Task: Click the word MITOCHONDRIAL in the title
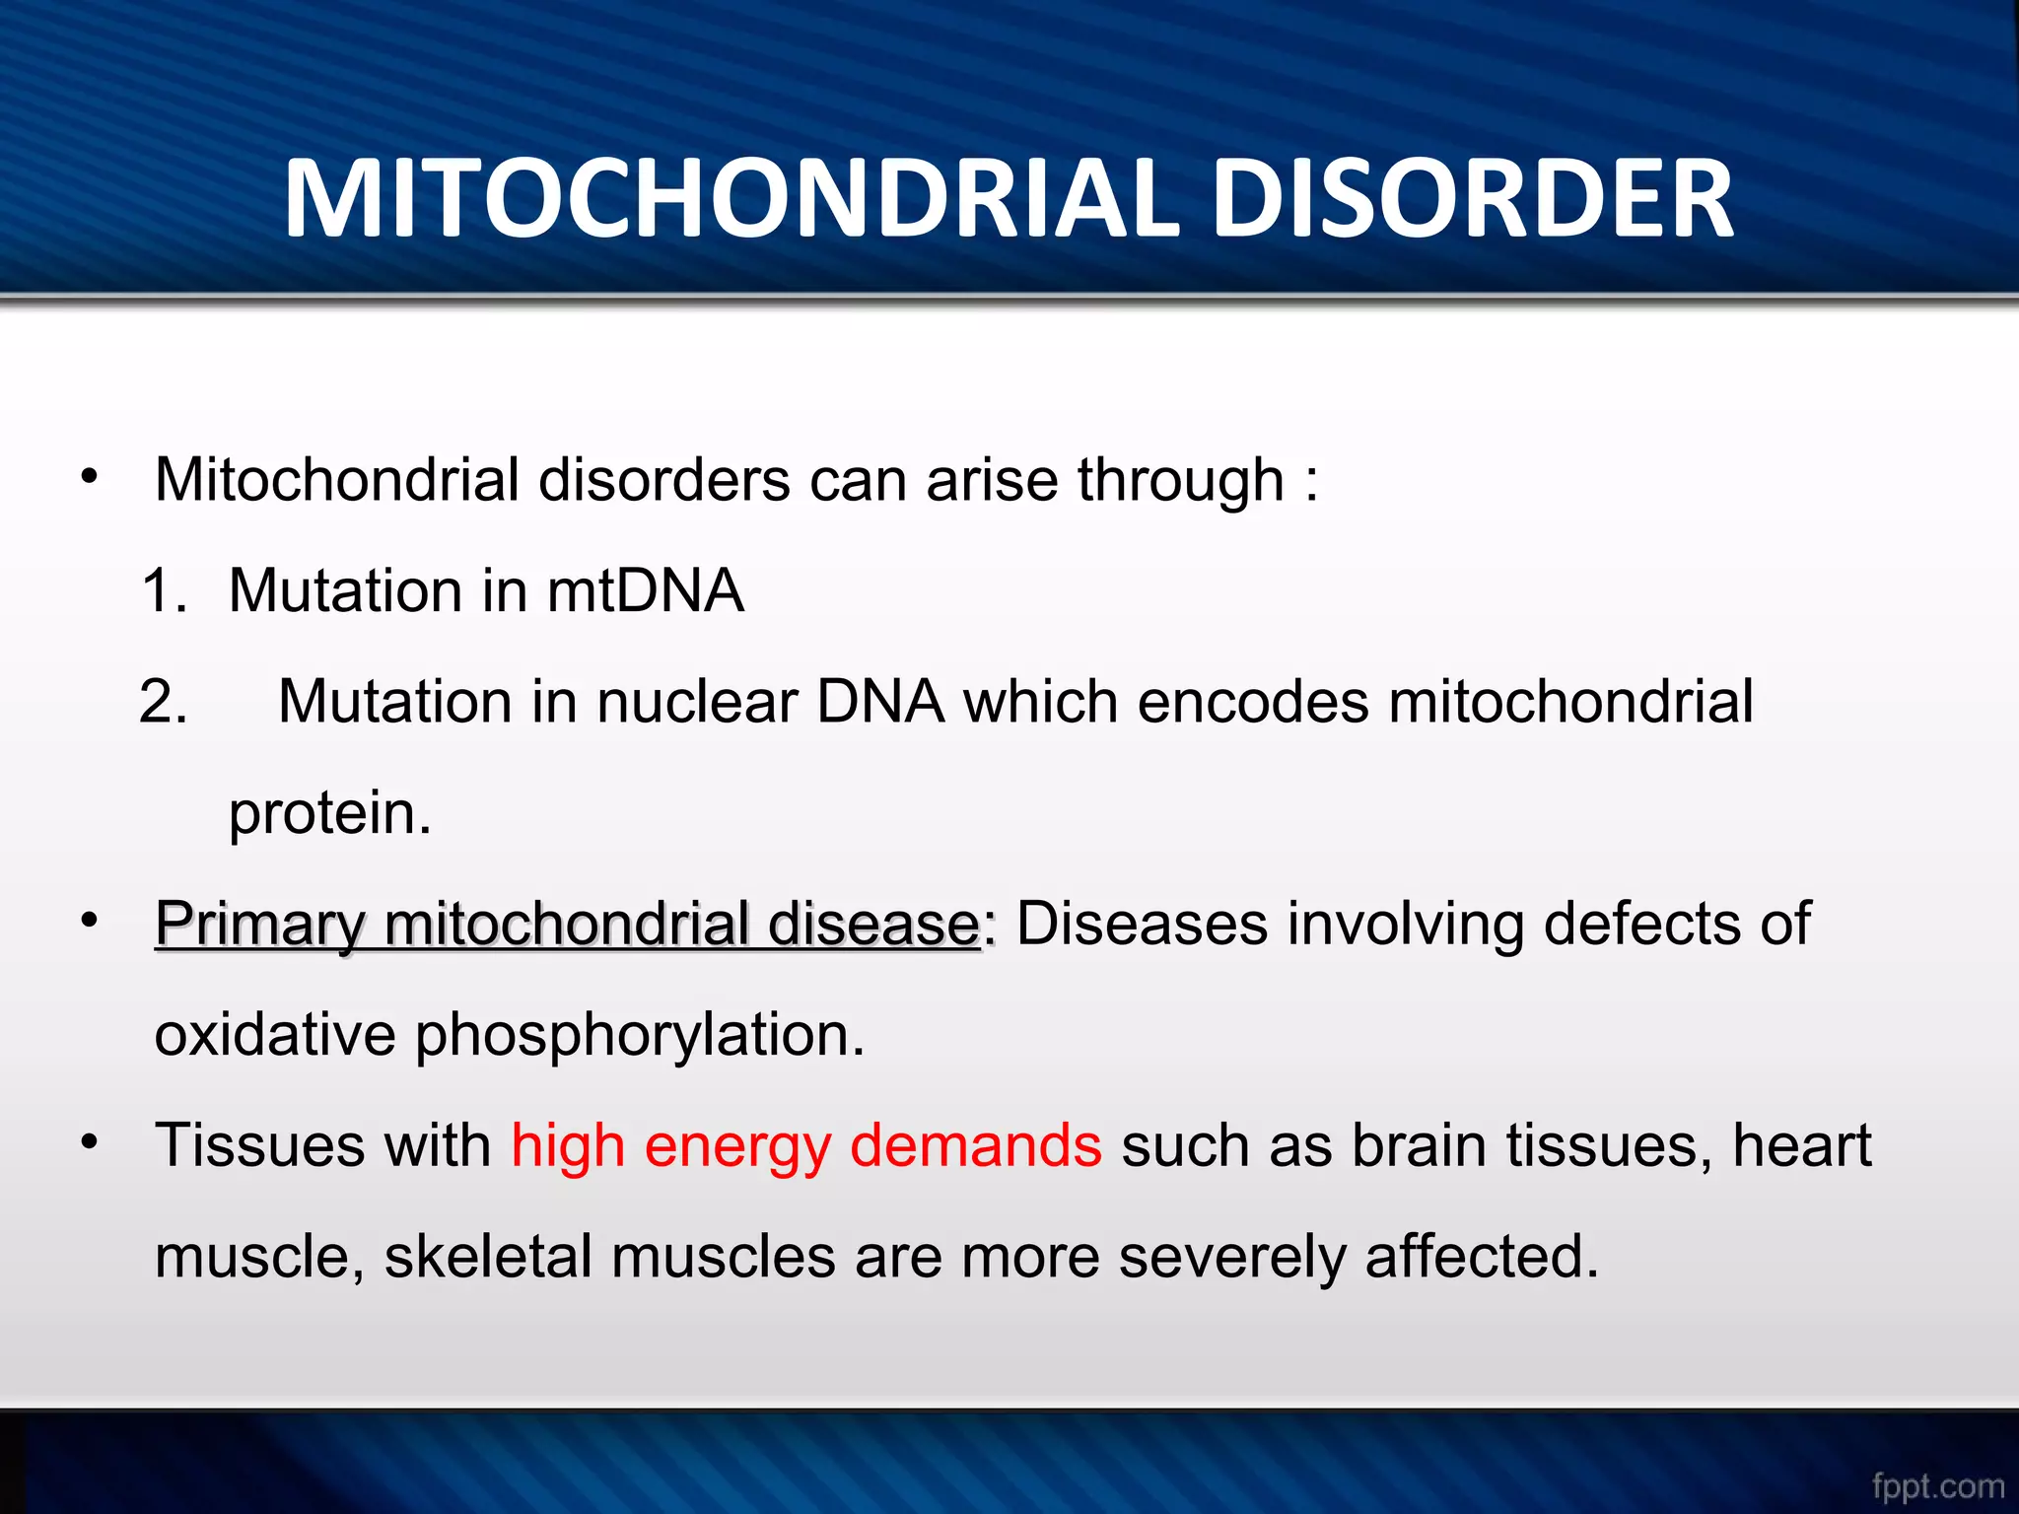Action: tap(730, 199)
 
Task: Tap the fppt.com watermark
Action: tap(1937, 1485)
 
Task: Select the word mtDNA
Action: tap(645, 591)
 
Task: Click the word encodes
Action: tap(1252, 702)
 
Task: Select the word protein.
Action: tap(329, 814)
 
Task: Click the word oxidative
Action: tap(275, 1035)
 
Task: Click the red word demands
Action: tap(975, 1146)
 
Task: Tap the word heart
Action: tap(1801, 1146)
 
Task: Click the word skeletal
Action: tap(488, 1258)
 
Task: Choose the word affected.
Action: tap(1482, 1258)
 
